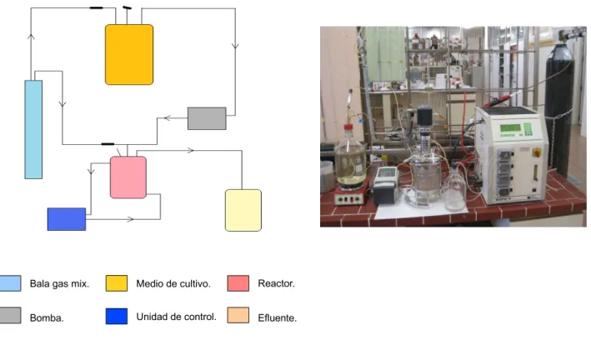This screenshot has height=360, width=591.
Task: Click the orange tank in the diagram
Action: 129,55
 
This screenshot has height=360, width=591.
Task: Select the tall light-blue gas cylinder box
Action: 33,129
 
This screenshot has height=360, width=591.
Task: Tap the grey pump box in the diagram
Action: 207,118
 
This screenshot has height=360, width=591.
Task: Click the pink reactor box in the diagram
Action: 128,177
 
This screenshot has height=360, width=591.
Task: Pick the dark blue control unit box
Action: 67,219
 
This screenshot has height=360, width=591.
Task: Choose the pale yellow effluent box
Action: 243,210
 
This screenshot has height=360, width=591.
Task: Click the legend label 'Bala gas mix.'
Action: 59,283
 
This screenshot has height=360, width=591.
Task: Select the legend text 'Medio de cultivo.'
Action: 173,283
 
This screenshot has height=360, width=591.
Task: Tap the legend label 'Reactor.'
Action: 276,283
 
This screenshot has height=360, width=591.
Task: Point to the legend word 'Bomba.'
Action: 47,317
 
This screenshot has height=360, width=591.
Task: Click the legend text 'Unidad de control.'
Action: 177,317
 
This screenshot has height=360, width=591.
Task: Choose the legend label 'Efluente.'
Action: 278,317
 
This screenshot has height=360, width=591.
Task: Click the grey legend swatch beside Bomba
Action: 10,316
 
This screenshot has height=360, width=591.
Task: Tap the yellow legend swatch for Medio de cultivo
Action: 117,283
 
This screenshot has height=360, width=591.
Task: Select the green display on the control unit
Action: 510,127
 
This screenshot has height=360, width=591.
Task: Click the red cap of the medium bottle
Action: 348,127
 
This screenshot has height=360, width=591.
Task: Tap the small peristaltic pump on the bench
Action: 385,186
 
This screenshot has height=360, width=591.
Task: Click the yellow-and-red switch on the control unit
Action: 536,152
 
